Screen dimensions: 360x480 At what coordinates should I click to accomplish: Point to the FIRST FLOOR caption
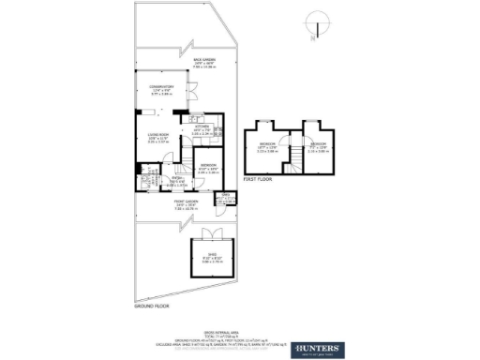257,177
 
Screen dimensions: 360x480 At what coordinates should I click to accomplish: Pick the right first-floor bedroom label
319,148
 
